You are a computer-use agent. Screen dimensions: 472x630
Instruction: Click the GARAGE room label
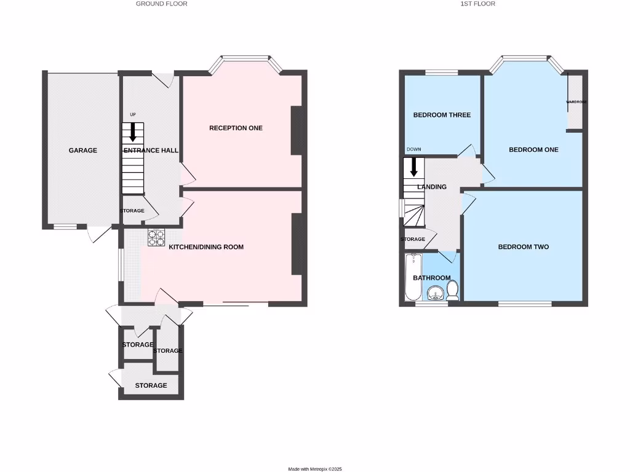click(x=82, y=150)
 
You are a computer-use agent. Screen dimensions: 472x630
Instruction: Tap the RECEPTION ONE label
click(x=236, y=128)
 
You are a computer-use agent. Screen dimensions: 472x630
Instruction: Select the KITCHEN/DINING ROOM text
click(x=206, y=247)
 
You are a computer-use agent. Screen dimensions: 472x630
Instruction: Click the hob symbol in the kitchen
click(x=156, y=237)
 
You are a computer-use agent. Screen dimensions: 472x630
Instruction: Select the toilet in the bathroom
click(x=452, y=289)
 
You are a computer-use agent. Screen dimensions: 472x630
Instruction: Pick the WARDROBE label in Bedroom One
click(x=576, y=102)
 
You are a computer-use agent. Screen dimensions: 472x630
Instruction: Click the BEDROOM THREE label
click(x=442, y=115)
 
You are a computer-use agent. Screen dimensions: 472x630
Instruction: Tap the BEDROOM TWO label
click(x=523, y=247)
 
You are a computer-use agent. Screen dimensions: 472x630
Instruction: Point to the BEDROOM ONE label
click(x=533, y=149)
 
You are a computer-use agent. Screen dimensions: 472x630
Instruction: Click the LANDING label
click(x=432, y=187)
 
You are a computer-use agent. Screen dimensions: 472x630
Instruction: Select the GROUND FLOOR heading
click(x=162, y=4)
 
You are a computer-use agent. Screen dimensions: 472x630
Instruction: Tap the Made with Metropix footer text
click(x=315, y=469)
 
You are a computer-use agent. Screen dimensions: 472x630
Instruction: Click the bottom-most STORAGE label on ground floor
click(x=151, y=385)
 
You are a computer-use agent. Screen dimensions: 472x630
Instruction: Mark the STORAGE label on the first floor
click(x=412, y=239)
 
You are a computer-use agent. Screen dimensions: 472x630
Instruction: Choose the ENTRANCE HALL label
click(x=151, y=151)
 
